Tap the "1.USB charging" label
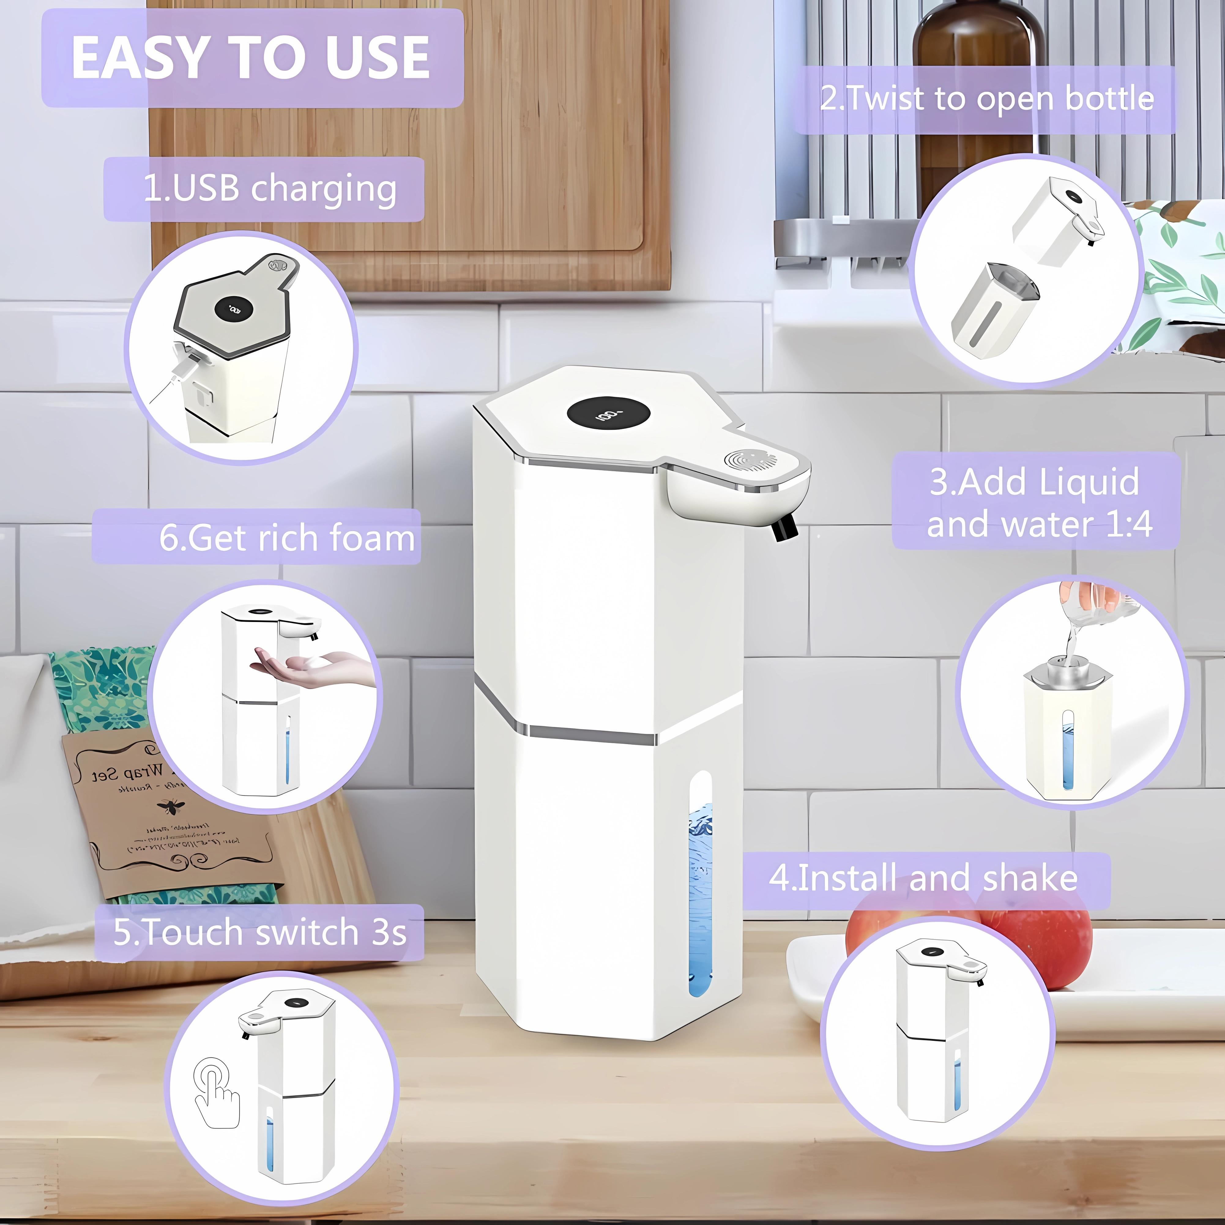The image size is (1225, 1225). (270, 188)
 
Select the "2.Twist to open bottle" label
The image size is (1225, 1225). (986, 99)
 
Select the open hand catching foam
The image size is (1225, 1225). (304, 669)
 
